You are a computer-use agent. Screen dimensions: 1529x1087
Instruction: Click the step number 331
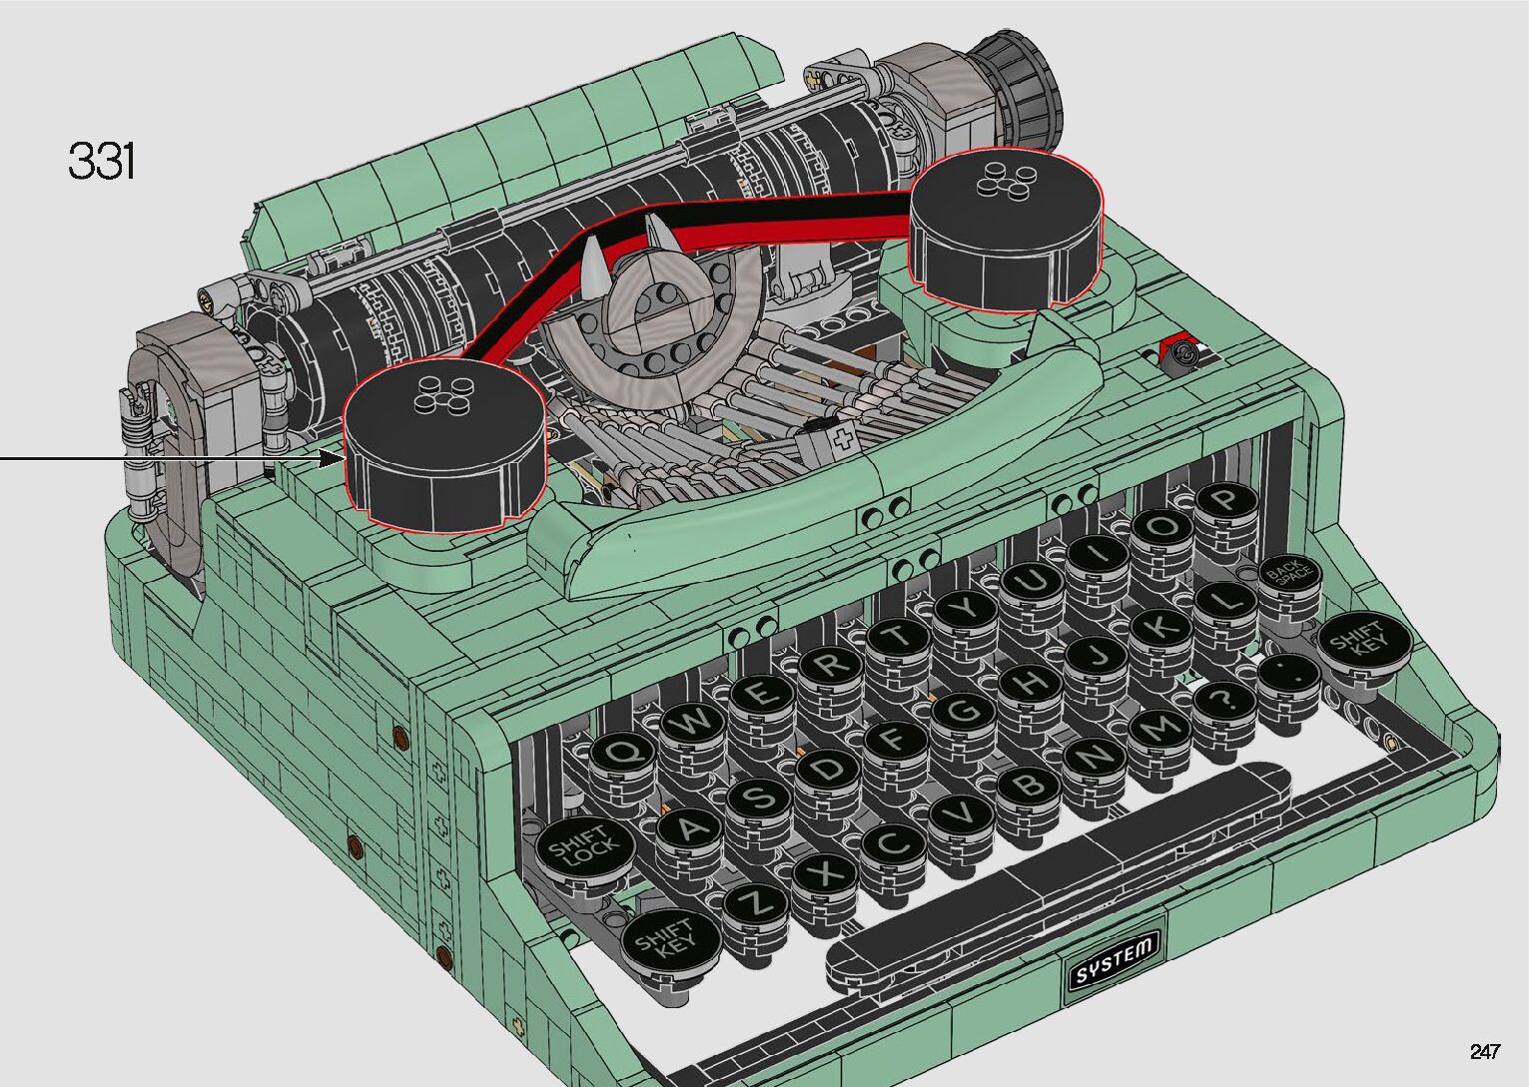click(x=102, y=161)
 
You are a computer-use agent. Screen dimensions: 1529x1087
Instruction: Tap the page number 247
click(x=1485, y=1051)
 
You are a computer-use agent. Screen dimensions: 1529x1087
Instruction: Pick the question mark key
click(x=1225, y=702)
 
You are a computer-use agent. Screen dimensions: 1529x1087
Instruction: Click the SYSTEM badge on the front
click(x=1115, y=950)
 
